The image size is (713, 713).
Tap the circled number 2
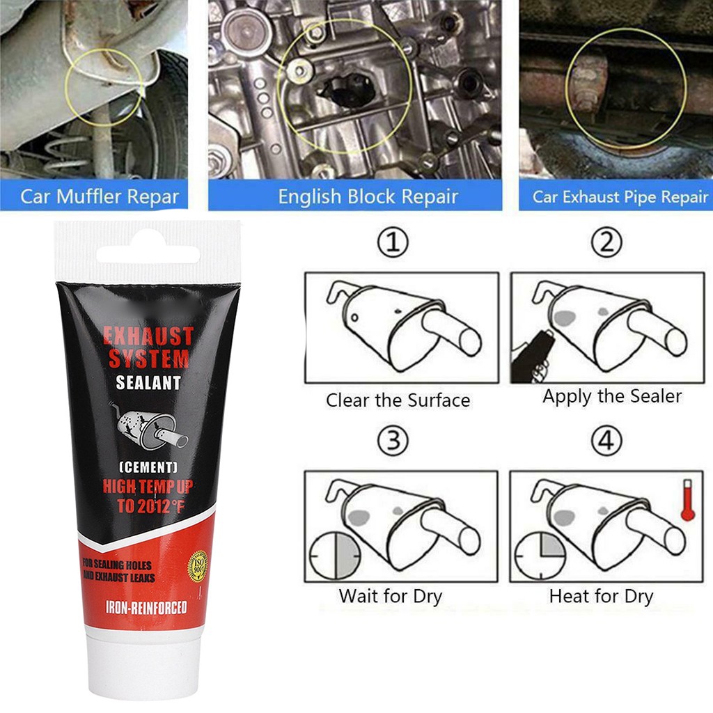(x=606, y=243)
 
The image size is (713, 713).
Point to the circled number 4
(x=606, y=442)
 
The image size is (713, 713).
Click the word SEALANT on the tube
(x=148, y=382)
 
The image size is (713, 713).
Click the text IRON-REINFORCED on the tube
(x=146, y=608)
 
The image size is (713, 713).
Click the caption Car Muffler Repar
(x=100, y=196)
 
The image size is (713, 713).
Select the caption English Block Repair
(x=368, y=196)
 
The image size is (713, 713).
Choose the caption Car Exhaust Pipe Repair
(x=620, y=196)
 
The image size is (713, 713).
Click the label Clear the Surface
(x=398, y=401)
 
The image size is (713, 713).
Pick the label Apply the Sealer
(x=612, y=397)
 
